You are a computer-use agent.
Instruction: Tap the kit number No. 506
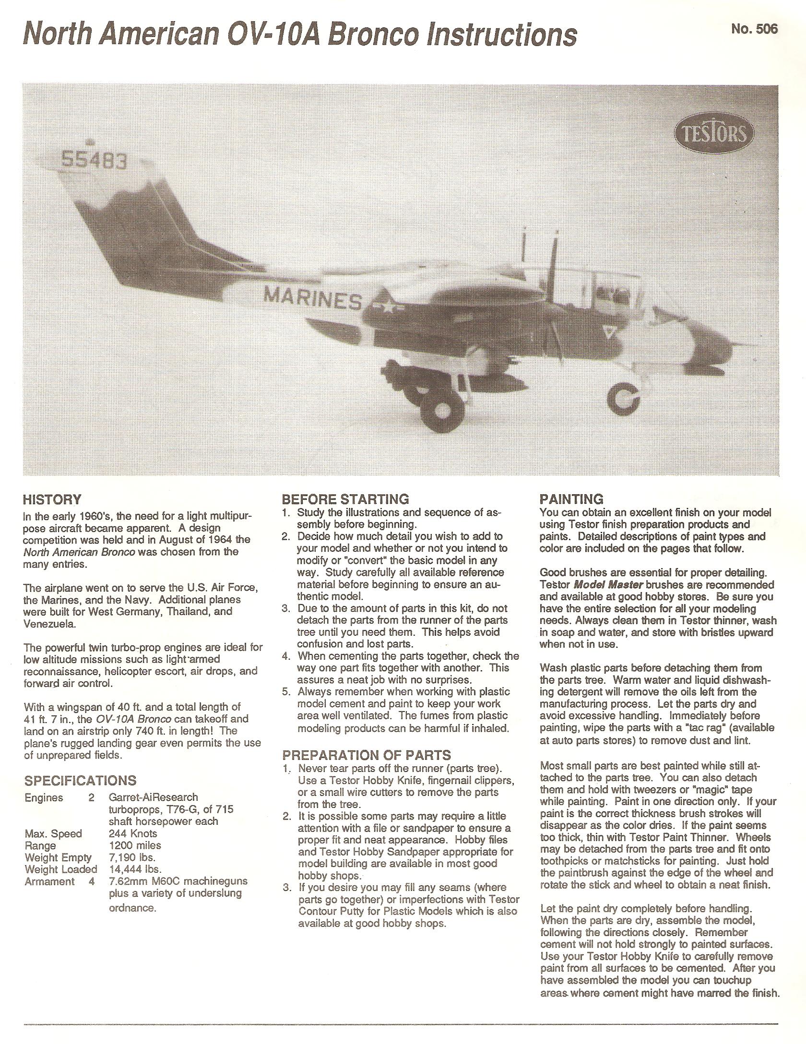754,29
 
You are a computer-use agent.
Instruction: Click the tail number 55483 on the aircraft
95,160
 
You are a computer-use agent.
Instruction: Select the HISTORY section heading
52,499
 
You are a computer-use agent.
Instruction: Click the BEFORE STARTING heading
345,499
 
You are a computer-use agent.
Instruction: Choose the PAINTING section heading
571,499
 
